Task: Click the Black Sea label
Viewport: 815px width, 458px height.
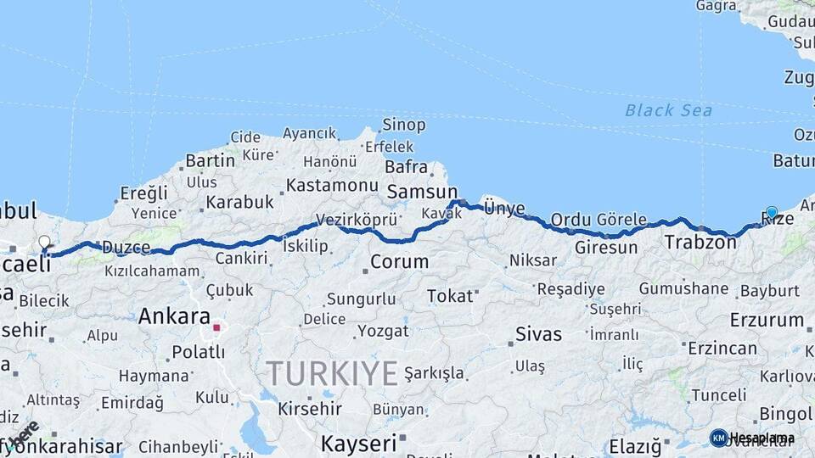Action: point(668,110)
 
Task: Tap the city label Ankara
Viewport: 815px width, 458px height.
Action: point(174,316)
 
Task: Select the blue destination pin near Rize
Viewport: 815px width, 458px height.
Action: point(771,213)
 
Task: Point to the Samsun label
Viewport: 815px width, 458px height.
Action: point(422,192)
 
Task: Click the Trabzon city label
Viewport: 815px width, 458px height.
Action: point(700,243)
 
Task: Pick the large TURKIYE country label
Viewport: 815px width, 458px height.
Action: point(332,373)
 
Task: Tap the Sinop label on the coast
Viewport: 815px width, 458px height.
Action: point(403,125)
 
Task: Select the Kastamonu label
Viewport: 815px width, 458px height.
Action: point(332,185)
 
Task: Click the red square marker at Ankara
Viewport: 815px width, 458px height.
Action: point(216,327)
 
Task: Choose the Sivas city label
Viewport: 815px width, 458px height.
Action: point(539,332)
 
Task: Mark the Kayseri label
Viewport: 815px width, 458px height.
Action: point(358,443)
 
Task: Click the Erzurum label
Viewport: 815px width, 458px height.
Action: point(766,320)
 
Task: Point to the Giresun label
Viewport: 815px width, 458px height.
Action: point(605,248)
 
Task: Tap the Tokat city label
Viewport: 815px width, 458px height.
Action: point(449,296)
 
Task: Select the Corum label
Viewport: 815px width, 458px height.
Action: point(399,262)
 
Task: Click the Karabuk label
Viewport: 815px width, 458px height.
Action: point(239,202)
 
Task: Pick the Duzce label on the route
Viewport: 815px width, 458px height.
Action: point(126,248)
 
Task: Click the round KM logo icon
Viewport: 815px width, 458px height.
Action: point(718,438)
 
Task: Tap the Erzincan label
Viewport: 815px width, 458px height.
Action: point(722,348)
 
